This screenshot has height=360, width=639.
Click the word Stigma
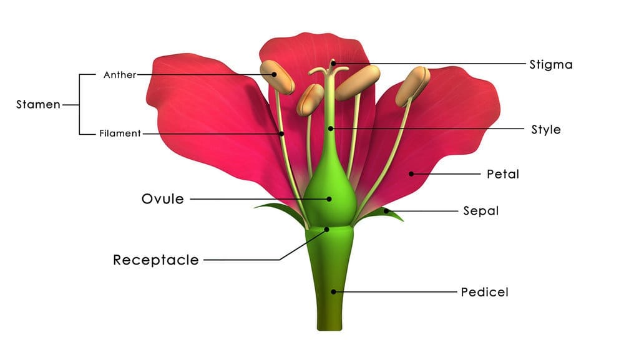click(550, 65)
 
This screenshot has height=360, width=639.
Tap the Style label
click(545, 130)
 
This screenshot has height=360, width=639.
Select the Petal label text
click(503, 174)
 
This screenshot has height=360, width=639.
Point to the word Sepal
click(481, 211)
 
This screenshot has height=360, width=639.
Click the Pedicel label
click(484, 292)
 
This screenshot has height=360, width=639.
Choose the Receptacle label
click(155, 260)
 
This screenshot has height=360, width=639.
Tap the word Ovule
click(163, 199)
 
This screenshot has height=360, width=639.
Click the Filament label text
click(120, 133)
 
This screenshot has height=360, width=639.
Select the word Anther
click(120, 75)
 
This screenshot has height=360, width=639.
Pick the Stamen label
click(38, 105)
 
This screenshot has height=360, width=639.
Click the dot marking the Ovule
click(329, 199)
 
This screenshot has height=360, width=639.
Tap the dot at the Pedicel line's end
click(333, 292)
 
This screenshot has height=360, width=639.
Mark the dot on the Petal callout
click(411, 174)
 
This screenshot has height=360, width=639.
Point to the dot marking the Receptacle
click(326, 230)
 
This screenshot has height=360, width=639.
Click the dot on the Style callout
click(331, 129)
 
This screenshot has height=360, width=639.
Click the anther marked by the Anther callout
click(277, 77)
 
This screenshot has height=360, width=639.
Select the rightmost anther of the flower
click(412, 86)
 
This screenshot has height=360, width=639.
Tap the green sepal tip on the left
click(255, 208)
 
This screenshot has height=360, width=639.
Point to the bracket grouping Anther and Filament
click(79, 105)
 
